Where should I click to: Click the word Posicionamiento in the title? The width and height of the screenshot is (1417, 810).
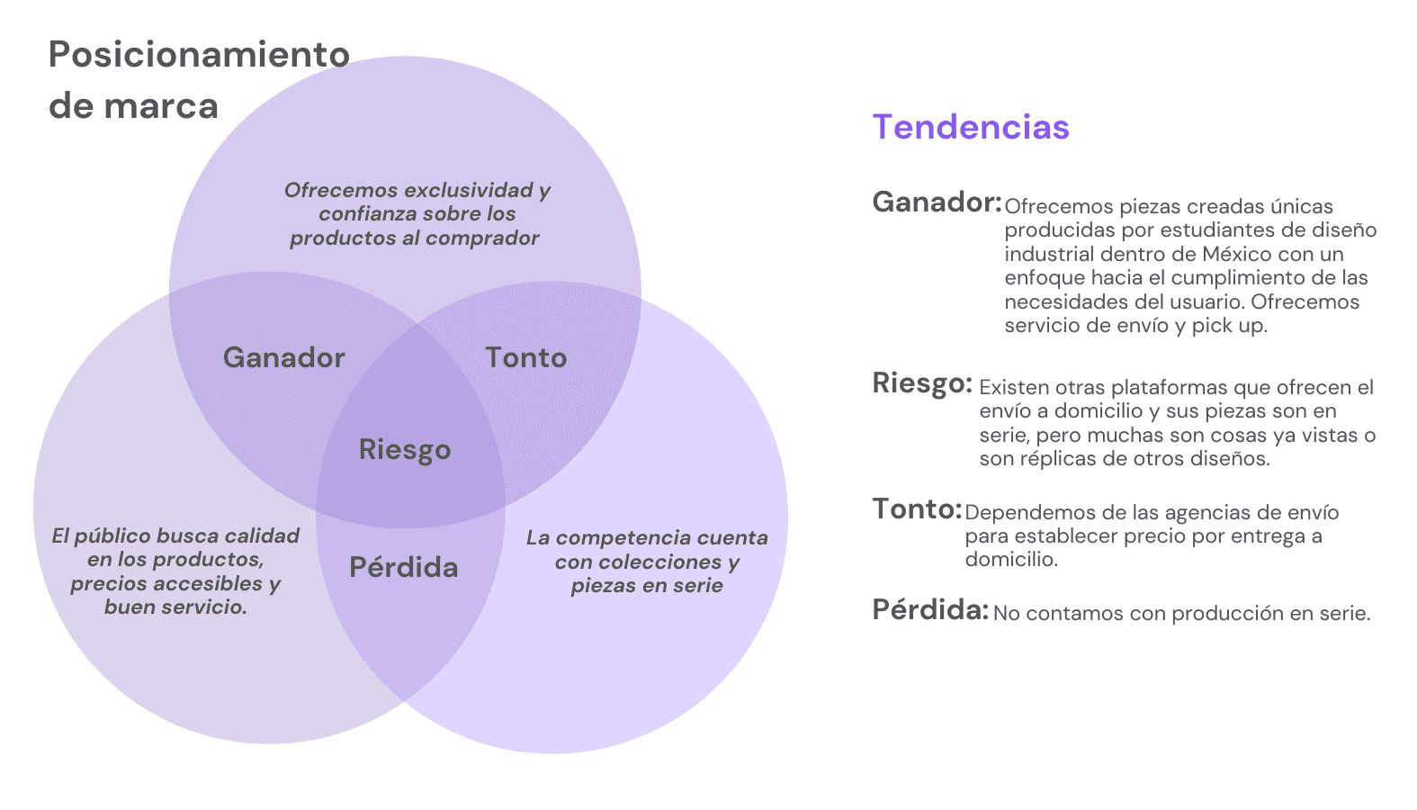(199, 55)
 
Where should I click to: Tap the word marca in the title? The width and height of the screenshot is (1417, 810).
(161, 106)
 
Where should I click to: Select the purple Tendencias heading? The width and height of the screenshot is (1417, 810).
(971, 127)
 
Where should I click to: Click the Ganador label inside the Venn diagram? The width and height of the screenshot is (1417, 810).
(284, 358)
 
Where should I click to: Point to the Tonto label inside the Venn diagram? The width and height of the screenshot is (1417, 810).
(526, 358)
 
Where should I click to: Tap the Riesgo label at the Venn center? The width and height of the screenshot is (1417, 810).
(405, 449)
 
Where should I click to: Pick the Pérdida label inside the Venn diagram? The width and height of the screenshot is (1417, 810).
(404, 568)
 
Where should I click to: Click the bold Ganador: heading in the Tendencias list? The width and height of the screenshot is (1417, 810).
(937, 202)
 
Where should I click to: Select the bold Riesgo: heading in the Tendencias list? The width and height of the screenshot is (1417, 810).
(922, 383)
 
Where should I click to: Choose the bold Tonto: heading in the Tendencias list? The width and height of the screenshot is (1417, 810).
(917, 509)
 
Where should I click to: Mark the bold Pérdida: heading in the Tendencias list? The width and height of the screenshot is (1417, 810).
(930, 610)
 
